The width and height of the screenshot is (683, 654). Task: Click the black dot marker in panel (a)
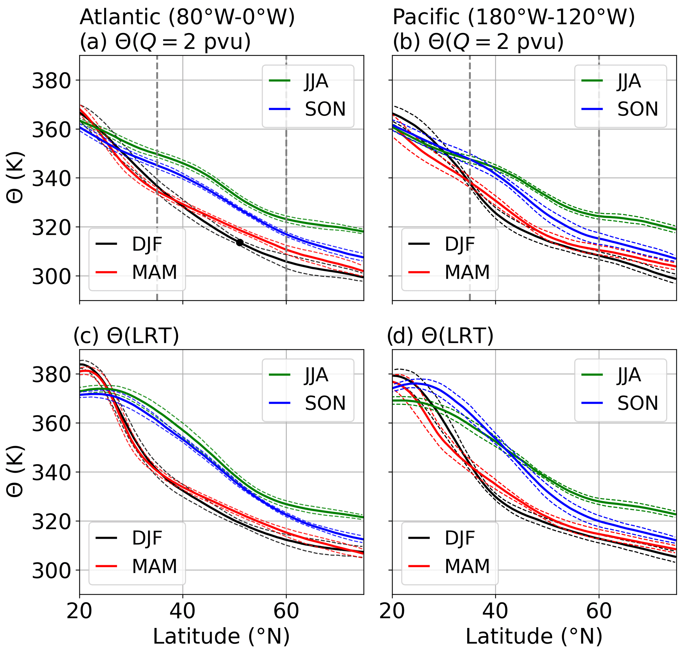point(240,243)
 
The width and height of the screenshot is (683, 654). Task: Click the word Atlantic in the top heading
point(120,17)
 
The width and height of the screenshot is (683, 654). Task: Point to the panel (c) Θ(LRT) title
point(126,336)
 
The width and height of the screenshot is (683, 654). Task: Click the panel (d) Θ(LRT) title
point(440,336)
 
